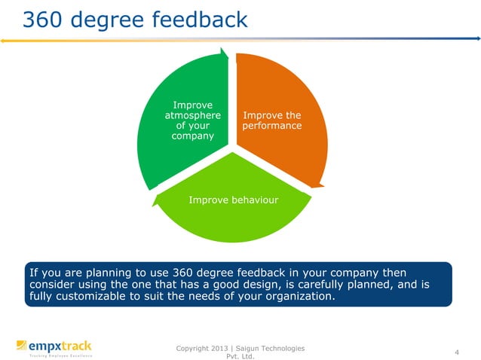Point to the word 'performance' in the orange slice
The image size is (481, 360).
coord(271,127)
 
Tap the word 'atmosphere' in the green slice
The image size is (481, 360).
coord(192,116)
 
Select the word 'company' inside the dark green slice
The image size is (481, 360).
coord(192,137)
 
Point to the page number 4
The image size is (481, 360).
coord(457,352)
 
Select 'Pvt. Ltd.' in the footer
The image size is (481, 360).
coord(240,357)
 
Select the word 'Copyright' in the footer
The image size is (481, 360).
coord(191,347)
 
